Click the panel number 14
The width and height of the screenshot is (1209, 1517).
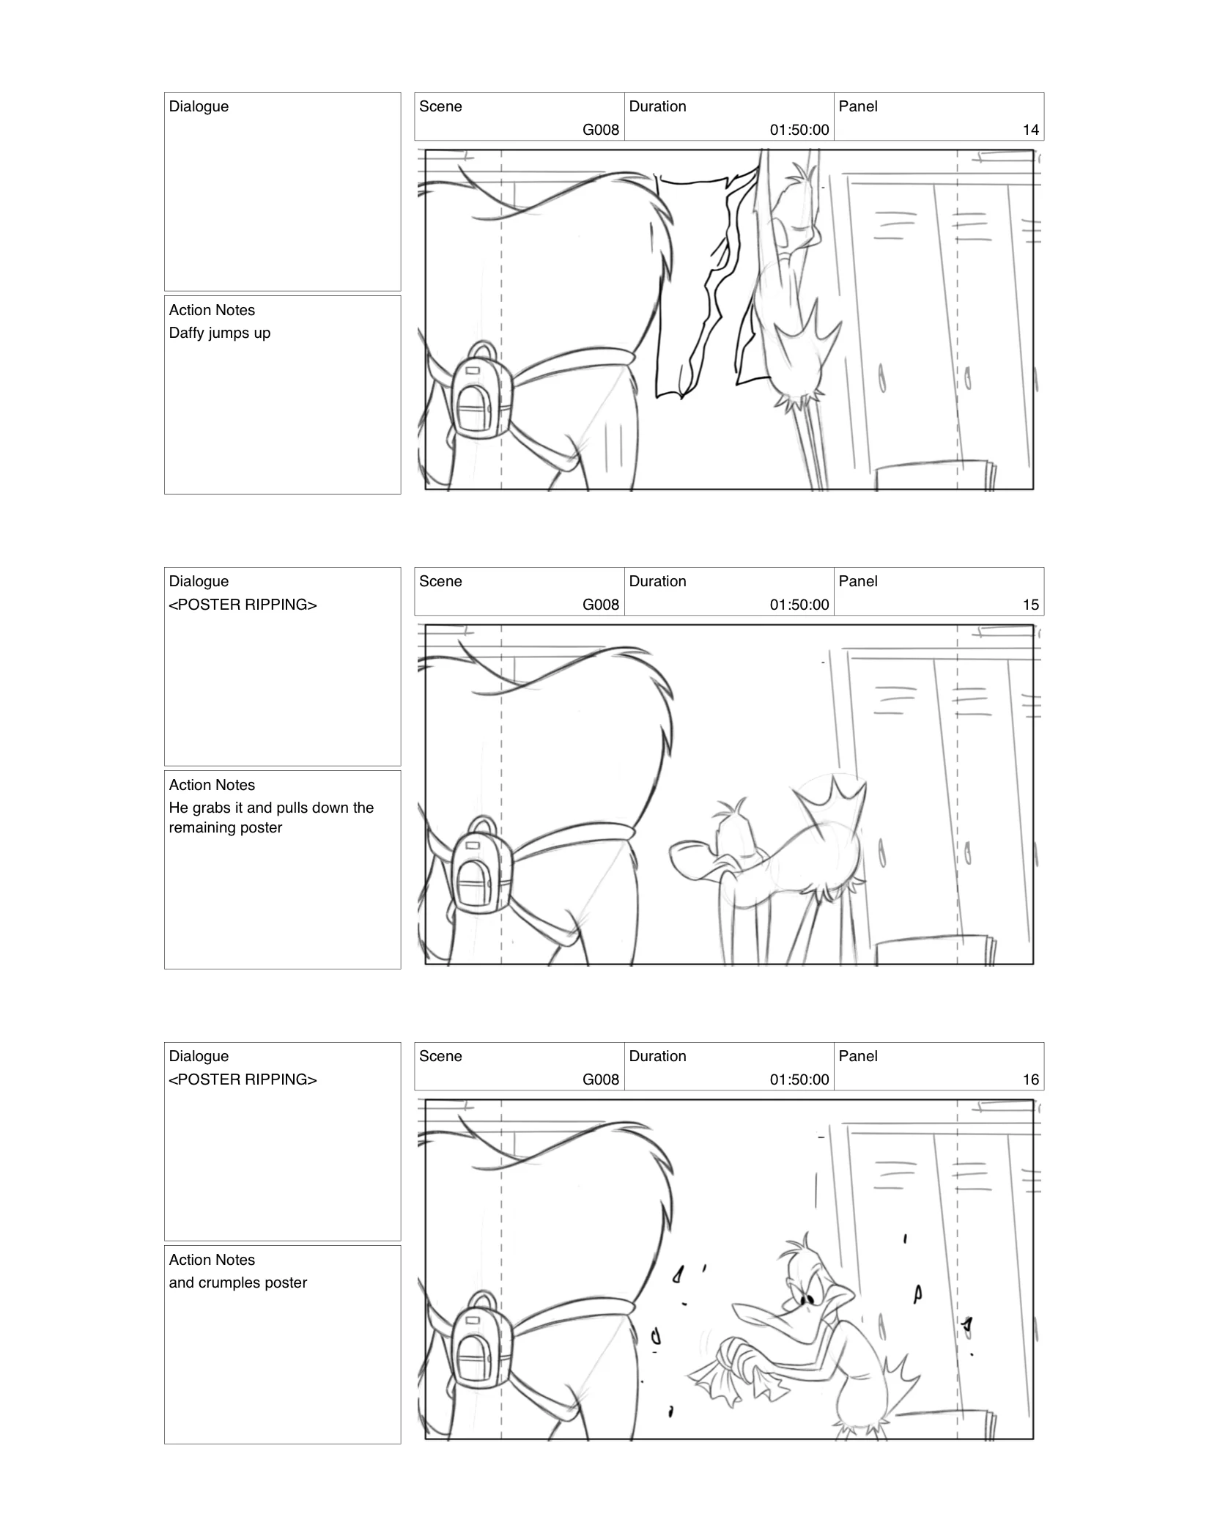point(1030,130)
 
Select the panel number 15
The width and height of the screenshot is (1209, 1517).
point(1030,605)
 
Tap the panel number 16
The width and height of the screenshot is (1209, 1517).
point(1030,1079)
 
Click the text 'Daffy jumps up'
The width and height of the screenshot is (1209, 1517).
point(220,333)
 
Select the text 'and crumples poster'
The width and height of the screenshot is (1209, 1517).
point(237,1282)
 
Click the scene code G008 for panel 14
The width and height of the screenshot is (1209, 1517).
point(601,130)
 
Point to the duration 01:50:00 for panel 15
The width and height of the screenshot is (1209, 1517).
point(799,605)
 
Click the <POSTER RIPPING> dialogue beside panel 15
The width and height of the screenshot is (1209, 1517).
point(243,605)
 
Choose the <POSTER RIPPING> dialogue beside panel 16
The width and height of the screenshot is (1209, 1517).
point(243,1079)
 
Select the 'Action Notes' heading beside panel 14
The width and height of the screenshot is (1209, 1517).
point(212,310)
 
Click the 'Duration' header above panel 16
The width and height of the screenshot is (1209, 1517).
point(657,1056)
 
